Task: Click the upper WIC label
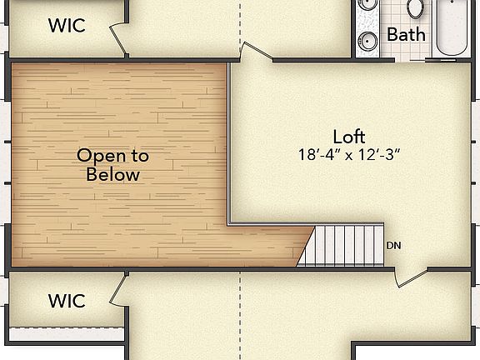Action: [67, 25]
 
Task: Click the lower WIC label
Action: [67, 300]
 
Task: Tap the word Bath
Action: [407, 34]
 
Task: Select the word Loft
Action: [349, 137]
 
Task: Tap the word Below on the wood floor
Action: [112, 175]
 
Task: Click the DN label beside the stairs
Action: [395, 246]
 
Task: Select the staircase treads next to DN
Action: [346, 245]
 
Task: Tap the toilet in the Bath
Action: [416, 8]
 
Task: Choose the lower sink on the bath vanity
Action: [367, 41]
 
